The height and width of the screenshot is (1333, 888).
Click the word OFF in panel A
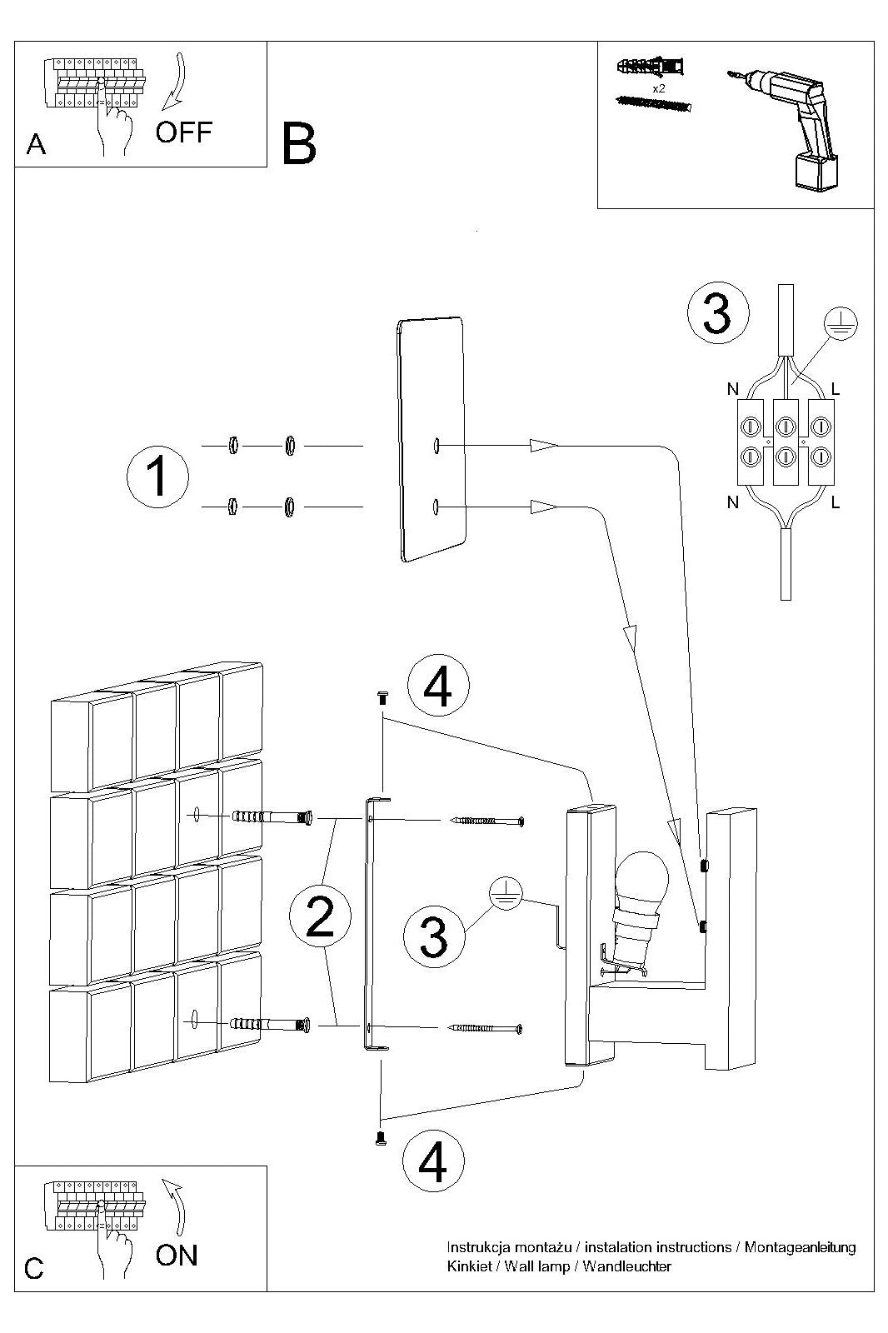[x=184, y=132]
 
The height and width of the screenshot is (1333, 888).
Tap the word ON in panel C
[x=177, y=1255]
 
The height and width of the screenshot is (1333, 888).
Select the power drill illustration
[x=785, y=126]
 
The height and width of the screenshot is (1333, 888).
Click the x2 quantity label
[x=659, y=88]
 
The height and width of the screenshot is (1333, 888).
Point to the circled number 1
[x=157, y=477]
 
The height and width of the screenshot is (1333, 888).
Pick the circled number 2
[x=320, y=916]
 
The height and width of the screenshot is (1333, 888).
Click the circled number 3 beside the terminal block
[x=718, y=313]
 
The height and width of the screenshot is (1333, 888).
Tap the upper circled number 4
[x=438, y=686]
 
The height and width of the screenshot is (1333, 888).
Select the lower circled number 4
[x=433, y=1160]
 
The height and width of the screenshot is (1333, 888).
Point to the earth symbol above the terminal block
[x=841, y=324]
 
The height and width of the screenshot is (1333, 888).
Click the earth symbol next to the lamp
[x=506, y=894]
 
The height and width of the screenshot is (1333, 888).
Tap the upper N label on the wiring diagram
[x=733, y=389]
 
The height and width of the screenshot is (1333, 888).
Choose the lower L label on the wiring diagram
[x=835, y=503]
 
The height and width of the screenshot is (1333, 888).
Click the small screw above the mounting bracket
[x=382, y=696]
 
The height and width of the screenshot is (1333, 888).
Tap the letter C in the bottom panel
[x=34, y=1270]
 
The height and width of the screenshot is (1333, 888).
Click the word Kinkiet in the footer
[x=470, y=1266]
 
